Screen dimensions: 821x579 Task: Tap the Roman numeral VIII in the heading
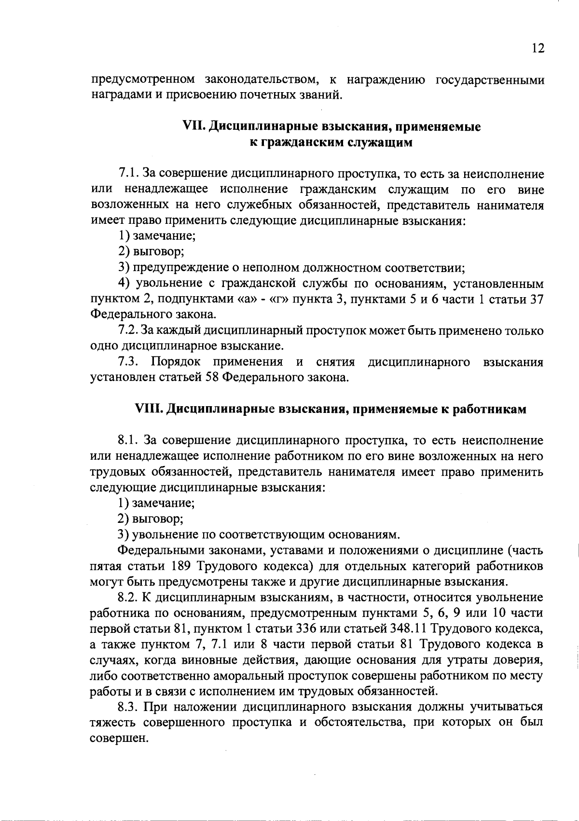[x=149, y=409]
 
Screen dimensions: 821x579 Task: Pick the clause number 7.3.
[x=128, y=362]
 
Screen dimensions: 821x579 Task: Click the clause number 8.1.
[x=128, y=440]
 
